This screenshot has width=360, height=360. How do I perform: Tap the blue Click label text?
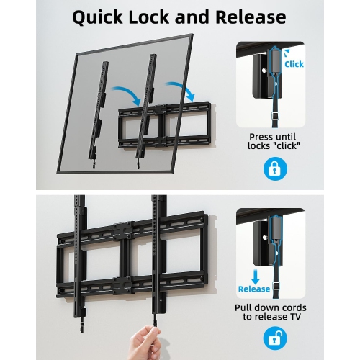(x=294, y=64)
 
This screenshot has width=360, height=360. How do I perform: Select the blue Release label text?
(x=254, y=289)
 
